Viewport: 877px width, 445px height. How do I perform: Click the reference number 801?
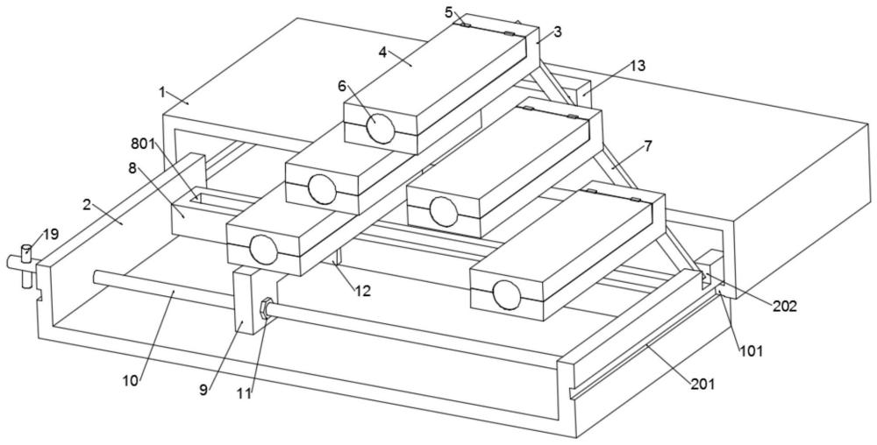click(x=143, y=144)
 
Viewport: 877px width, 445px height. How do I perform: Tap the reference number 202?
click(x=785, y=306)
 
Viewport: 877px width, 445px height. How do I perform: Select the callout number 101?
click(x=752, y=351)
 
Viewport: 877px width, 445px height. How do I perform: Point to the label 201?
click(x=703, y=385)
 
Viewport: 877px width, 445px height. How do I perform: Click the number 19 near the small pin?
click(x=51, y=234)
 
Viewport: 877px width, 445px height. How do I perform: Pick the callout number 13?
click(x=638, y=66)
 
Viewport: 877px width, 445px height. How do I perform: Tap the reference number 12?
click(x=362, y=291)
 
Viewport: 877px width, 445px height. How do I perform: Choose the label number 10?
click(x=131, y=380)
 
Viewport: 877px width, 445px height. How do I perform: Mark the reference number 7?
click(x=648, y=146)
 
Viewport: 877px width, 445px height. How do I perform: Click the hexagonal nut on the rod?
click(x=266, y=307)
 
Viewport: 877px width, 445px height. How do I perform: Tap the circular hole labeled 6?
click(x=381, y=128)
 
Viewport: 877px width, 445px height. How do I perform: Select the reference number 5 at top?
click(x=449, y=11)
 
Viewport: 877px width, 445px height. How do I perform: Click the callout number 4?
click(x=383, y=52)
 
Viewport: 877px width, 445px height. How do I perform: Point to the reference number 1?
click(x=162, y=91)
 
